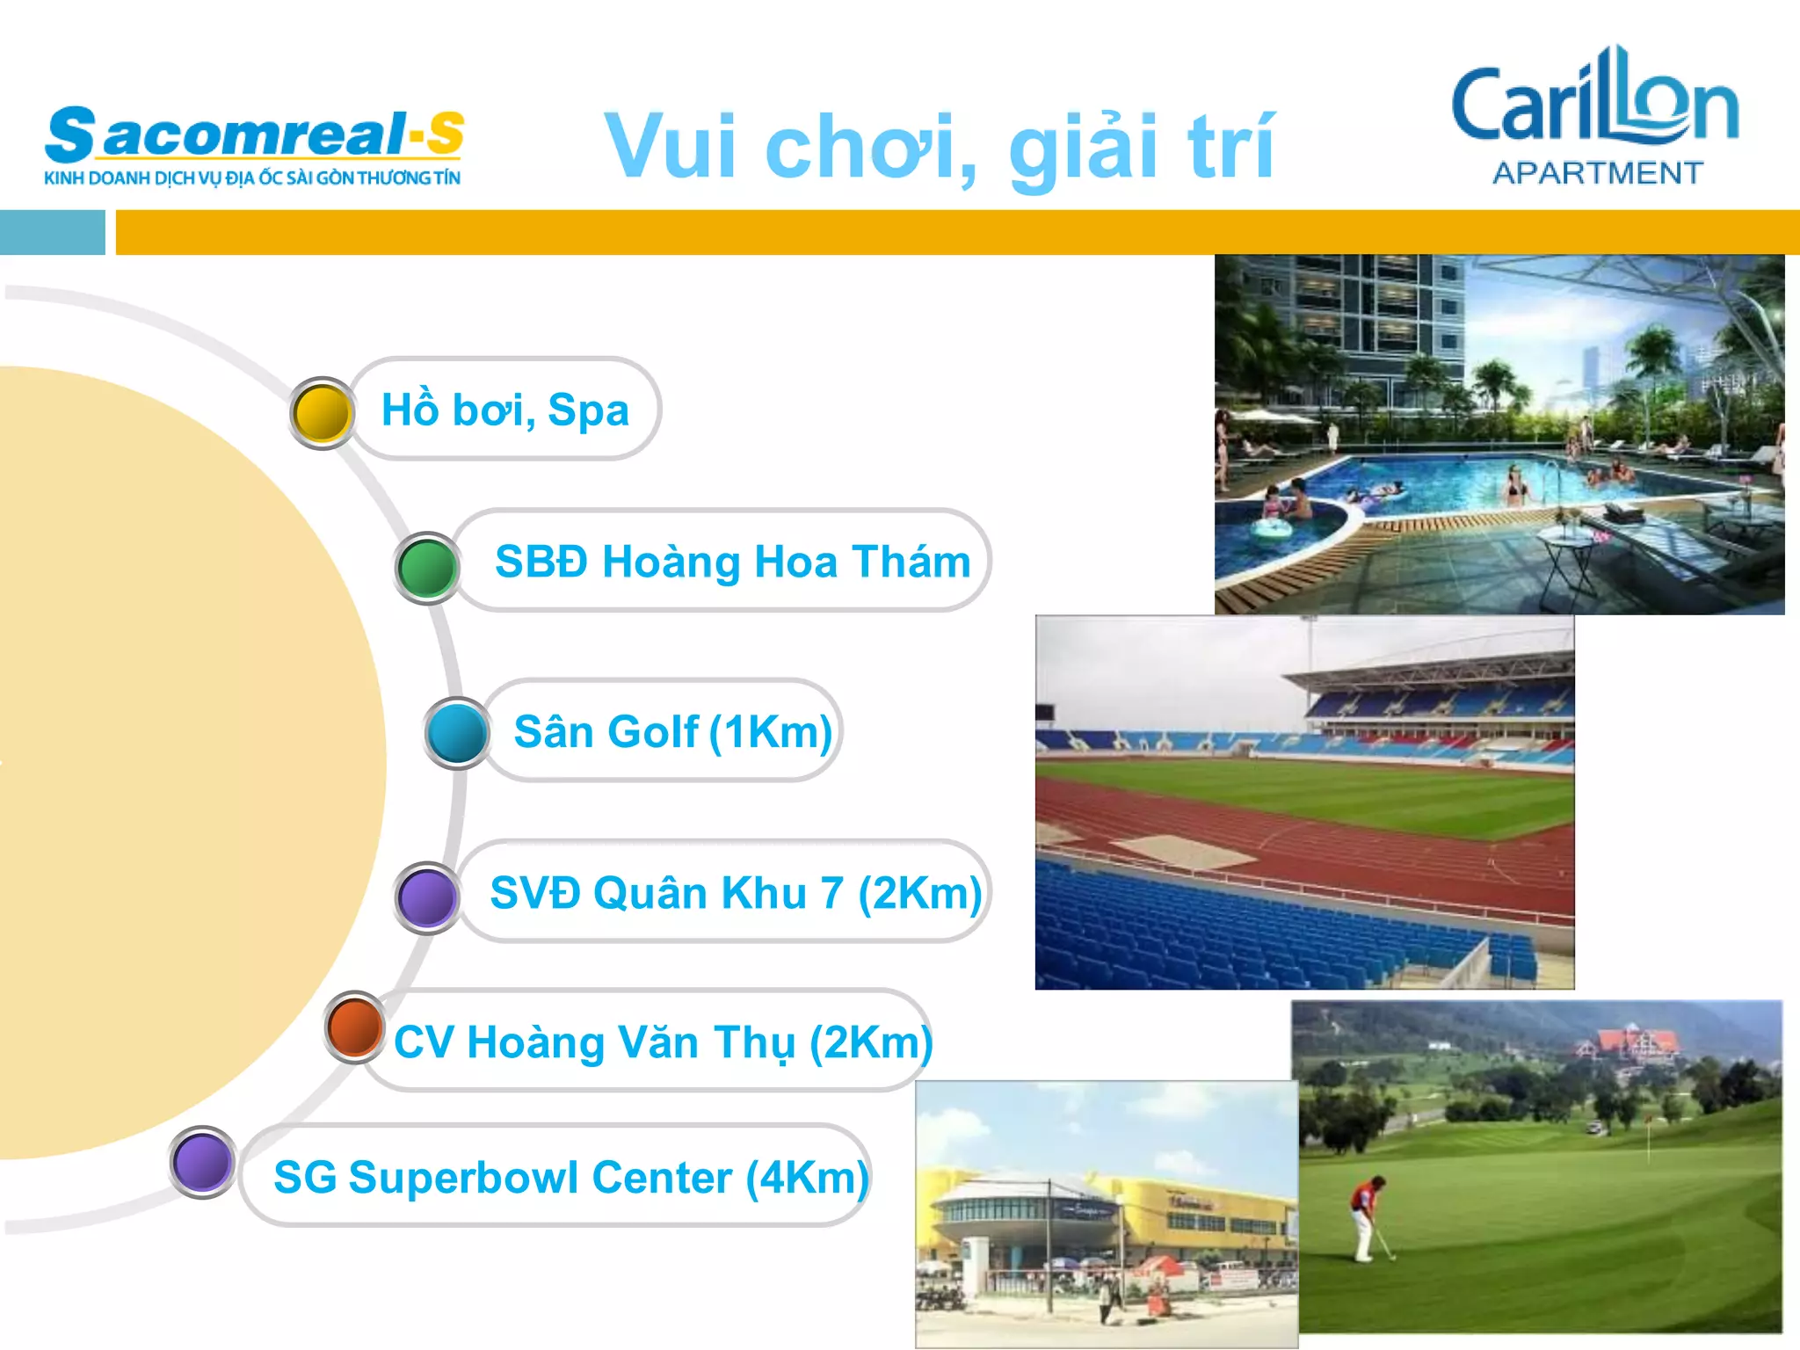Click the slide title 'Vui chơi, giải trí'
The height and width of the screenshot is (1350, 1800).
(x=939, y=146)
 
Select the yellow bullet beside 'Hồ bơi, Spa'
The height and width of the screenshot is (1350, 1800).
(x=322, y=412)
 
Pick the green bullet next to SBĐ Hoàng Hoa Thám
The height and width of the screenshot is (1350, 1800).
(x=427, y=568)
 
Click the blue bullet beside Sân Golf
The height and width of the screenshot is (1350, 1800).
(x=457, y=732)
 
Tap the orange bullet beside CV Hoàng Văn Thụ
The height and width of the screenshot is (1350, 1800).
(x=355, y=1027)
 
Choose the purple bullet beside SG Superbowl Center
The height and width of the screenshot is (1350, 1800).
(x=203, y=1162)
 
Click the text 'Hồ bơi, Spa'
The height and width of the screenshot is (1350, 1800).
(x=505, y=410)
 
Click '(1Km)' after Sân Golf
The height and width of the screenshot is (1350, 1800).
(x=771, y=732)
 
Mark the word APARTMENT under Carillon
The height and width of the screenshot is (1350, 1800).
(x=1597, y=173)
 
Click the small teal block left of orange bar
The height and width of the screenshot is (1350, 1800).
(x=52, y=233)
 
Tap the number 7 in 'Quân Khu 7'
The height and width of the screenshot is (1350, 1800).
(x=833, y=893)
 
